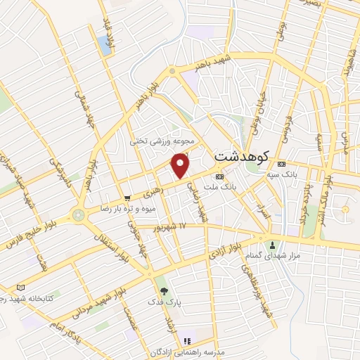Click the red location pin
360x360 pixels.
pos(181,165)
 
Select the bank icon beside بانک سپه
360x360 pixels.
pos(281,164)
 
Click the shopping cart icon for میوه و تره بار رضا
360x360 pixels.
pos(127,198)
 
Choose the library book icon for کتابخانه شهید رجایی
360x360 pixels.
pos(20,287)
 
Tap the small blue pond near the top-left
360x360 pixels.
pos(105,46)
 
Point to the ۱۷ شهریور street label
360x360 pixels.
pos(171,226)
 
